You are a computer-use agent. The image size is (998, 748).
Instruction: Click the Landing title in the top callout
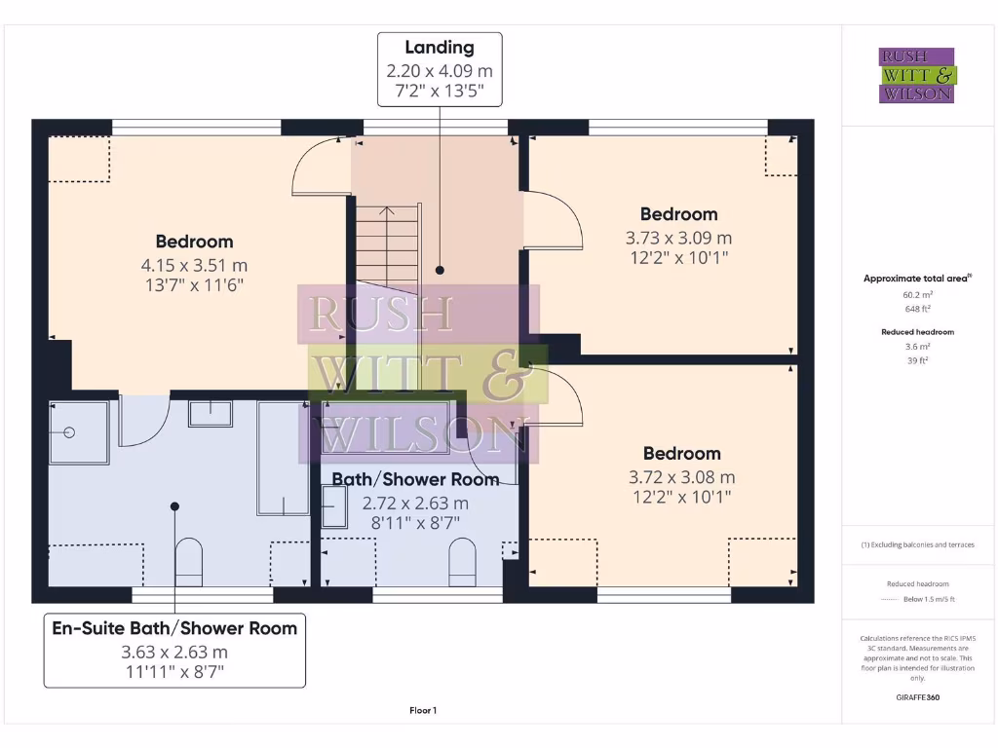pyautogui.click(x=440, y=47)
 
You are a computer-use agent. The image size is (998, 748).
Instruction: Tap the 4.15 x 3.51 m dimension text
pyautogui.click(x=194, y=264)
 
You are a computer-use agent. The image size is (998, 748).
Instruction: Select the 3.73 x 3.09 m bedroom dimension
pyautogui.click(x=678, y=237)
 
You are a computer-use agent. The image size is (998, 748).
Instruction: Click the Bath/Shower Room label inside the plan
pyautogui.click(x=415, y=479)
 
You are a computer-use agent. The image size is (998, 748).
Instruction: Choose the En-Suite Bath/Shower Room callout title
pyautogui.click(x=174, y=628)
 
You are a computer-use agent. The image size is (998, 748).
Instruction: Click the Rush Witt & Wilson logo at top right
pyautogui.click(x=917, y=75)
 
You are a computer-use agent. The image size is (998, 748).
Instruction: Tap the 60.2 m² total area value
pyautogui.click(x=916, y=293)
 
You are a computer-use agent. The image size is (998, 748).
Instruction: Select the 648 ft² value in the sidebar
pyautogui.click(x=916, y=308)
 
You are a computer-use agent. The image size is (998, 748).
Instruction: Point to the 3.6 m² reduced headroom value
pyautogui.click(x=916, y=346)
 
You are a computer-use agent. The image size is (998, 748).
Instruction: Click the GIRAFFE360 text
pyautogui.click(x=916, y=697)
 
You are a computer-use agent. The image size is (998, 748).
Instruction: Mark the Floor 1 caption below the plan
pyautogui.click(x=423, y=711)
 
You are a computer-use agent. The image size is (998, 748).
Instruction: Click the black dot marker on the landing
pyautogui.click(x=440, y=270)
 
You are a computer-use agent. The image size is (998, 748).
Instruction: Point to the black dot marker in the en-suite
pyautogui.click(x=174, y=506)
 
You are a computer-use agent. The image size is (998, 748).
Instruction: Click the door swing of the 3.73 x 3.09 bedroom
pyautogui.click(x=553, y=220)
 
